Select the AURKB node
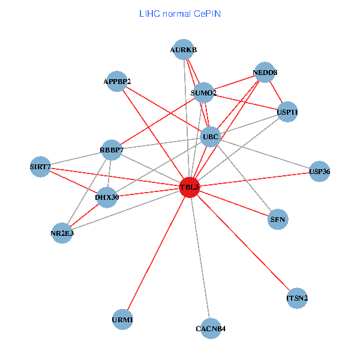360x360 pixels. (x=184, y=50)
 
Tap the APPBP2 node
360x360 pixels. (x=116, y=81)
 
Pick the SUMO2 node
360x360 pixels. (x=203, y=92)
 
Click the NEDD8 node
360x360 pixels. (x=265, y=73)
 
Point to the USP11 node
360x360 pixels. (x=287, y=112)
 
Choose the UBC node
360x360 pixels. (x=211, y=137)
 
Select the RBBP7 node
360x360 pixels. (x=112, y=150)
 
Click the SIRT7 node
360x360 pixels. (x=40, y=166)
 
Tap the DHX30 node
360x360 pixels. (x=106, y=197)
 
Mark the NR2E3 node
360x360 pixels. (x=62, y=233)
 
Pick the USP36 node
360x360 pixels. (x=319, y=172)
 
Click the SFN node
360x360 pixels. (x=278, y=220)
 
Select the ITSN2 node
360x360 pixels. (x=297, y=298)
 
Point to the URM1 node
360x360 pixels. (x=122, y=319)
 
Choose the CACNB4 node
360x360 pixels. (x=211, y=328)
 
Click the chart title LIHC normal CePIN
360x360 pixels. (x=179, y=13)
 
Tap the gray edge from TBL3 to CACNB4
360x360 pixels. (x=200, y=258)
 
